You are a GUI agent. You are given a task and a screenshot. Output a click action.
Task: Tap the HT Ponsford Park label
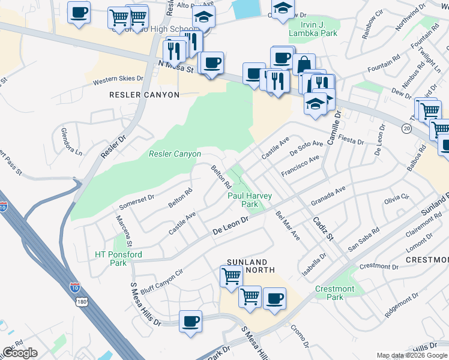[119, 259]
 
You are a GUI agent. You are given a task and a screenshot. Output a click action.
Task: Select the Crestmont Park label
[335, 293]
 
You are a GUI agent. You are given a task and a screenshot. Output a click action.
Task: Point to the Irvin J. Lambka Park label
[312, 28]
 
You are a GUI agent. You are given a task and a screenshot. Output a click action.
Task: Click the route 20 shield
[407, 129]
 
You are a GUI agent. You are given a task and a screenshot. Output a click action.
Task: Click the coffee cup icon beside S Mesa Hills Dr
[191, 321]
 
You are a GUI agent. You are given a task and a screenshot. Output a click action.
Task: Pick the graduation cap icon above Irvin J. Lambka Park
[282, 8]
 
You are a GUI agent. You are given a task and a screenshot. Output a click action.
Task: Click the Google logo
[20, 352]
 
